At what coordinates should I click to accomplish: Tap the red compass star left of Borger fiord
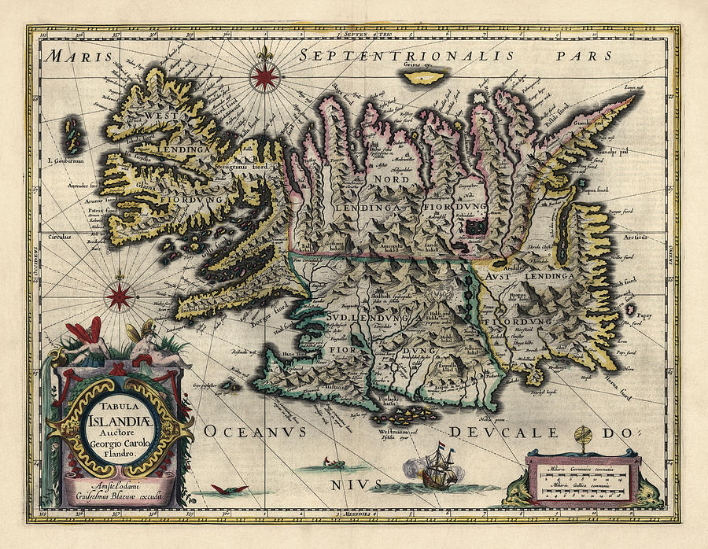click(x=120, y=296)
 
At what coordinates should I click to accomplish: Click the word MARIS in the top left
click(x=74, y=56)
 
